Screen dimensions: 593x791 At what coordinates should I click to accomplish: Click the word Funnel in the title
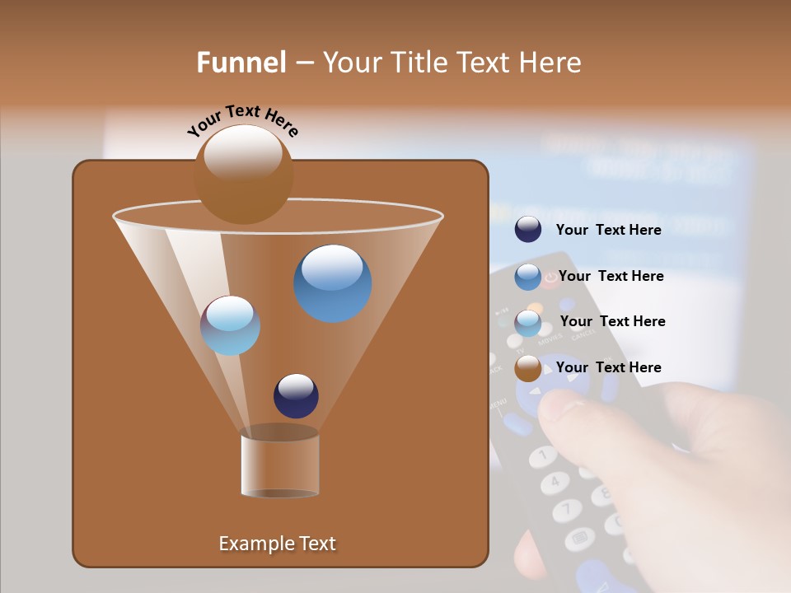point(241,63)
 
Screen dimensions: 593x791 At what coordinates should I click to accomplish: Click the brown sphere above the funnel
point(243,175)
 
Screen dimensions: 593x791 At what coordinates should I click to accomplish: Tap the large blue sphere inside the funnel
point(332,283)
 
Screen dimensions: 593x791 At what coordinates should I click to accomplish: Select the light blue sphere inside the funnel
point(230,325)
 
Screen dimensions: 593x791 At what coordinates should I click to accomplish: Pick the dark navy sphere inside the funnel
point(296,396)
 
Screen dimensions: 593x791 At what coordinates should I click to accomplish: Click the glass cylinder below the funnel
point(280,465)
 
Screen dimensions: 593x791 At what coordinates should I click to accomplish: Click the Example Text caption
point(277,544)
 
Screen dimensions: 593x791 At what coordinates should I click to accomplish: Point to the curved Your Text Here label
point(242,119)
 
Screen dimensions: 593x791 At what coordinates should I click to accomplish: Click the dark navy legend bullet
point(528,230)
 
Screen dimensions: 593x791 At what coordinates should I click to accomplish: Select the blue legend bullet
point(528,277)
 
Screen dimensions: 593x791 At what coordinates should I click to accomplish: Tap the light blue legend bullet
point(528,323)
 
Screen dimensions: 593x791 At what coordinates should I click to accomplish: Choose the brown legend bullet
point(528,368)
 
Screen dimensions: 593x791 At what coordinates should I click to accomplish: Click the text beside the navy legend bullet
point(608,230)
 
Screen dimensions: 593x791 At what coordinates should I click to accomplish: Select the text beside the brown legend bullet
point(608,367)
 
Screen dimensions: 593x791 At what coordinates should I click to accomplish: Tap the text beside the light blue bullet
point(612,321)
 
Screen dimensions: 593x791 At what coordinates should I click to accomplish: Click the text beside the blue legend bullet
point(611,276)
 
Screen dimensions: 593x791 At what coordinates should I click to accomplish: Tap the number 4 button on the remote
point(555,481)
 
